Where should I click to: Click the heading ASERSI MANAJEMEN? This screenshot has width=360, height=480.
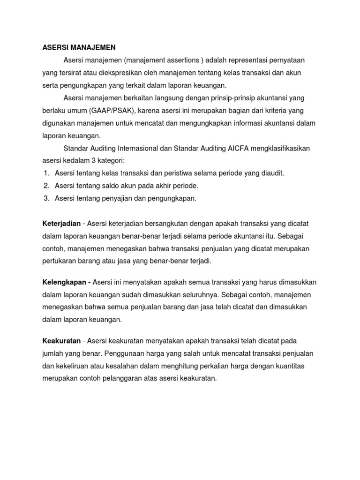79,47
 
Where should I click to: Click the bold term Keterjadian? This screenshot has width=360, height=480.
61,223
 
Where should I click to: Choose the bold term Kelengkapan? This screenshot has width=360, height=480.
65,282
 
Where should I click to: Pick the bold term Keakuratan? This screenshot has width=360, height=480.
61,341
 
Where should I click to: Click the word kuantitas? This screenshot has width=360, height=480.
296,366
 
